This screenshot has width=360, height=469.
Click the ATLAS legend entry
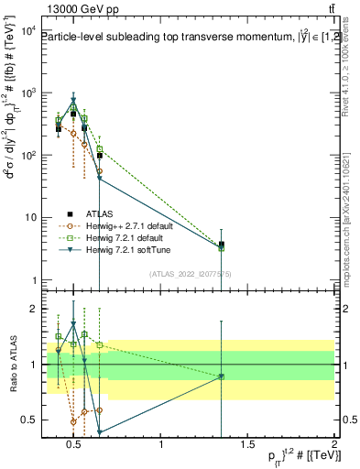pos(100,213)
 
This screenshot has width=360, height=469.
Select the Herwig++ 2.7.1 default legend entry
pos(124,225)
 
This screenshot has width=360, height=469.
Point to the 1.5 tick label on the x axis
pos(248,445)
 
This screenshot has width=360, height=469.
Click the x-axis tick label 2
pos(334,445)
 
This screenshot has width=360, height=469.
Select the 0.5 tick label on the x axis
pos(75,445)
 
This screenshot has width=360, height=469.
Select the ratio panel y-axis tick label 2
pos(31,309)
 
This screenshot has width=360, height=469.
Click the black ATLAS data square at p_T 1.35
pos(222,245)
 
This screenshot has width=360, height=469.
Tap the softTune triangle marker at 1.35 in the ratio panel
pos(222,376)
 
